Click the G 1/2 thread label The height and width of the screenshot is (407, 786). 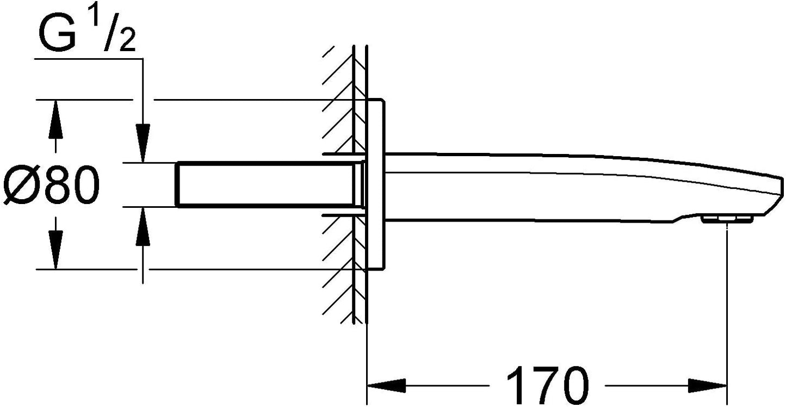pos(86,34)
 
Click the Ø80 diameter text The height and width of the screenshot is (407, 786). pos(52,185)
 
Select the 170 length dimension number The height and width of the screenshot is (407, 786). pos(547,385)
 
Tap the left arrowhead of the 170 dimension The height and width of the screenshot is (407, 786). pos(386,386)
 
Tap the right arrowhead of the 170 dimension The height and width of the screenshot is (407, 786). pos(707,386)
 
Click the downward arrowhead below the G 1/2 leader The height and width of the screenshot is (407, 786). pos(143,143)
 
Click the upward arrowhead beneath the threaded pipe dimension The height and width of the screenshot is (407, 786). pos(143,226)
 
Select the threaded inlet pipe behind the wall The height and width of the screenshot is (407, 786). pos(265,184)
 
